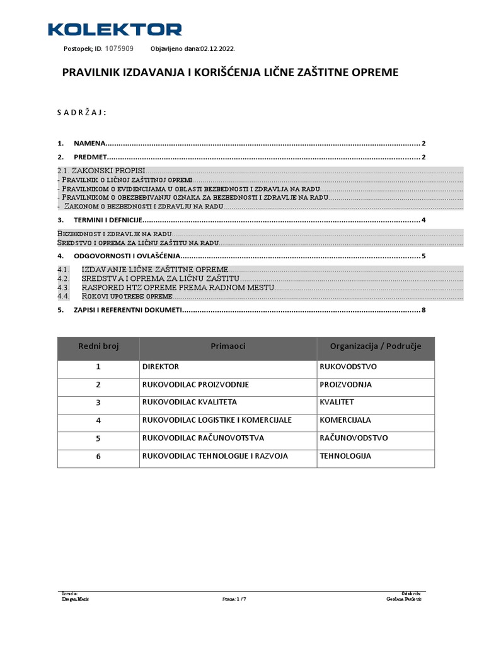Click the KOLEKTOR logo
click(115, 29)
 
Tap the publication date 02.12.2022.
click(217, 49)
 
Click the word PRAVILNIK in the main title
click(93, 72)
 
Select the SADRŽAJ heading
click(81, 113)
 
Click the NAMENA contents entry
click(90, 143)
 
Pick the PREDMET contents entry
click(91, 157)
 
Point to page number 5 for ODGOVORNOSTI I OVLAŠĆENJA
click(424, 256)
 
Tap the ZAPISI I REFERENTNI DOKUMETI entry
click(128, 310)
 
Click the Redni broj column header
click(98, 346)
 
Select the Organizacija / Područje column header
click(376, 346)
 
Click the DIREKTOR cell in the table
click(161, 367)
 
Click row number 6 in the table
click(98, 456)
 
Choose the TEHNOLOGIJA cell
click(345, 456)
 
